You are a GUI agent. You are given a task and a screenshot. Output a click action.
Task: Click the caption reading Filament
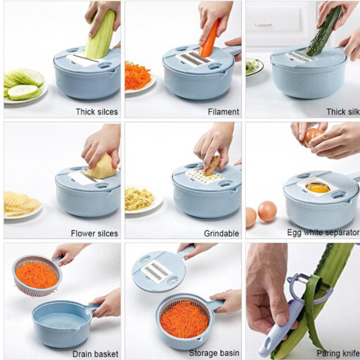[223, 112]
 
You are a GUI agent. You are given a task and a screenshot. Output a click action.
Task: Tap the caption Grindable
[221, 233]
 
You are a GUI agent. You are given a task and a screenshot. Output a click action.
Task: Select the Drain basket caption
[95, 354]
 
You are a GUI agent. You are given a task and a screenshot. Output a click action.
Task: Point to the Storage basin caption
[214, 353]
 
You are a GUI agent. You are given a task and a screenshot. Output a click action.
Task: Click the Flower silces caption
[94, 233]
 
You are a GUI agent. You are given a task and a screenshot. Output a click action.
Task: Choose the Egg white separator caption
[323, 233]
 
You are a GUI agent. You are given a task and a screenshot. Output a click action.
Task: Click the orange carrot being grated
[209, 39]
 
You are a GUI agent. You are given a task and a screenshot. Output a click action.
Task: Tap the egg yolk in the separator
[318, 188]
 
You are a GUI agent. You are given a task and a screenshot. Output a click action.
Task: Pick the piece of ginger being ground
[212, 166]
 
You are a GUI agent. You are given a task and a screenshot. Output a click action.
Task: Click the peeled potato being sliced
[102, 167]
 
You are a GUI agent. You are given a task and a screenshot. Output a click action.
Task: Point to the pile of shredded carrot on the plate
[137, 76]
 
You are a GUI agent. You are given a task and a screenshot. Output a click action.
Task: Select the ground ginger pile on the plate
[139, 199]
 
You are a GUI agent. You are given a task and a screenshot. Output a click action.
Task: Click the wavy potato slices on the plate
[21, 203]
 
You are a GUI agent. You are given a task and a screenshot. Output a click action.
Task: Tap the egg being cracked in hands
[313, 135]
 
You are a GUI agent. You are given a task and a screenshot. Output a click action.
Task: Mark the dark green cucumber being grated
[323, 31]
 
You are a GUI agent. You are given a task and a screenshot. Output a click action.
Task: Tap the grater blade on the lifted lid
[157, 272]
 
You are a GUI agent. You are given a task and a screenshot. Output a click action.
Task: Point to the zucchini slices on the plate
[23, 84]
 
